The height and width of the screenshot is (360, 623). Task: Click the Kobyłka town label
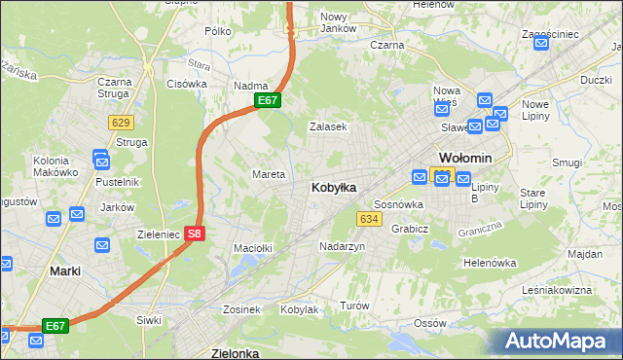[x=333, y=187]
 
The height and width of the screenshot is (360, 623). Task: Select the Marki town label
[x=64, y=271]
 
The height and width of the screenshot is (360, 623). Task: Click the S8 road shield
[x=195, y=234]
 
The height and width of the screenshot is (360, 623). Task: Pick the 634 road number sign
[x=368, y=220]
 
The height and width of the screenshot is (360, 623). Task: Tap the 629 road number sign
[x=121, y=122]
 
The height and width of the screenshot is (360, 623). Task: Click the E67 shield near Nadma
[x=269, y=101]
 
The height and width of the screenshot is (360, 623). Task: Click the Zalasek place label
[x=328, y=127]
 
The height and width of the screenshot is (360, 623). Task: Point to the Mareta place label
[x=268, y=175]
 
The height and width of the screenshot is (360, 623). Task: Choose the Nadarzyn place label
[x=342, y=247]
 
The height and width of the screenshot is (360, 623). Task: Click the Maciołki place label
[x=251, y=249]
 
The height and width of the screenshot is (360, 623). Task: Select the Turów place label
[x=354, y=306]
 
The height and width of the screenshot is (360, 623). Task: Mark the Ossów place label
[x=428, y=323]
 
